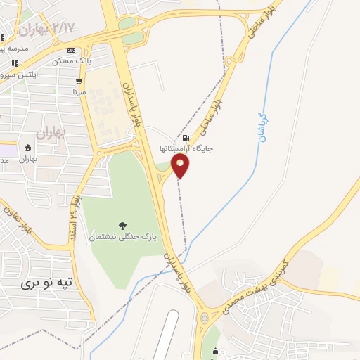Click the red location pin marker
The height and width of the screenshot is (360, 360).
[181, 166]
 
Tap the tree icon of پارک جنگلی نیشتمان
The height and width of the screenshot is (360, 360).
[123, 226]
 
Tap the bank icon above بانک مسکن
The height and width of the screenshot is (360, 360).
[72, 50]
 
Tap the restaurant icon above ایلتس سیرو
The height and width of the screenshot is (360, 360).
[14, 63]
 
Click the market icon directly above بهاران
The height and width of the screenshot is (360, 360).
[27, 148]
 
